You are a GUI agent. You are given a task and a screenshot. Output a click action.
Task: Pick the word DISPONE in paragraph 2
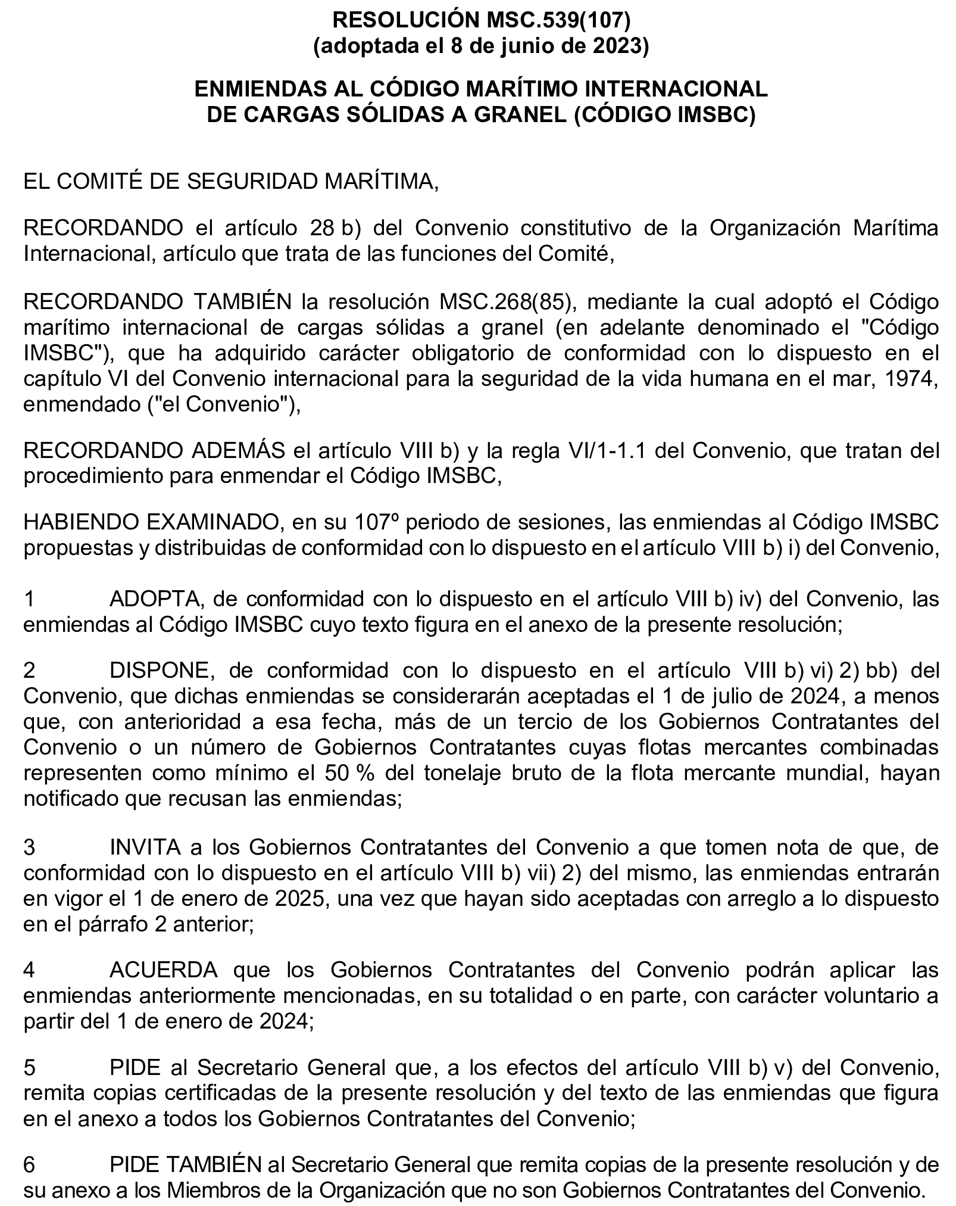160,671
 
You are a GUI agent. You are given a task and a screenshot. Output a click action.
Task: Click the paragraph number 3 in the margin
29,847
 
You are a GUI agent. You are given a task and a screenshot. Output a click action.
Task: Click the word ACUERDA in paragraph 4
164,971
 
